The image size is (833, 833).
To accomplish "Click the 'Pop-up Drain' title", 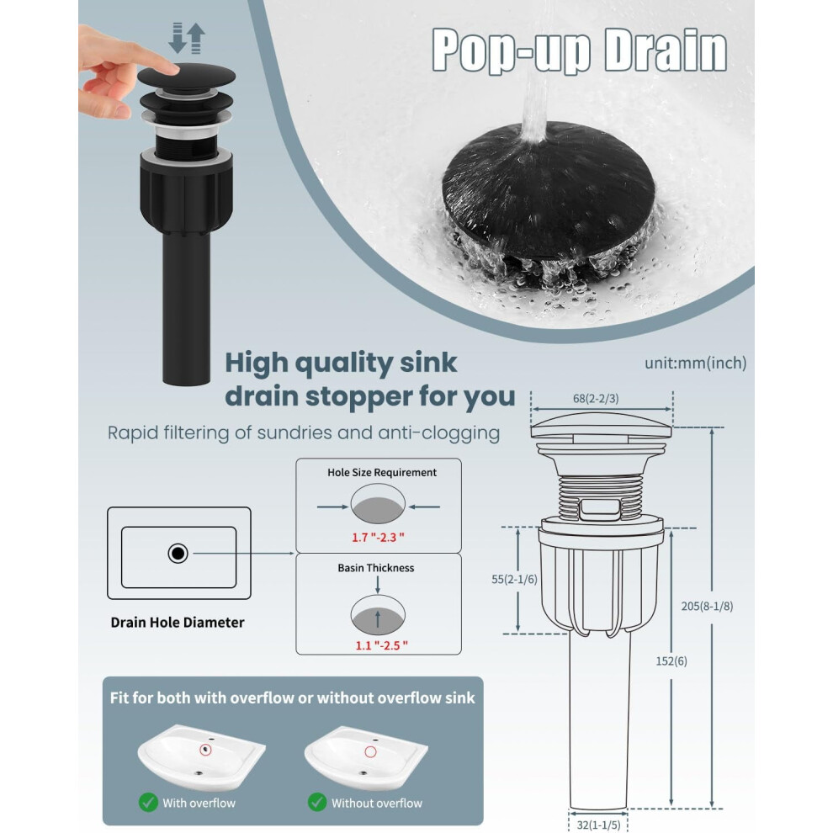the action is click(x=579, y=50).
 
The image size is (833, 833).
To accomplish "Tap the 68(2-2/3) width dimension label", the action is click(x=596, y=399).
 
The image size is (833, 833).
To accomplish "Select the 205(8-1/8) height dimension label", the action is click(x=707, y=606).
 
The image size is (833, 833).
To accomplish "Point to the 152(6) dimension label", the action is click(x=671, y=661).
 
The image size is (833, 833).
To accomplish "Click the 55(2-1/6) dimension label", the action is click(x=514, y=579).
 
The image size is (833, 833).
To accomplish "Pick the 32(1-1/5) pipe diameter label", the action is click(x=598, y=825).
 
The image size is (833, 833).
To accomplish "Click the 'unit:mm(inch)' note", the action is click(x=695, y=363).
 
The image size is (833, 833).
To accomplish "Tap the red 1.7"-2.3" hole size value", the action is click(x=378, y=537).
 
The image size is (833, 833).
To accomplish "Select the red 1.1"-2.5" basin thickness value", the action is click(x=381, y=645).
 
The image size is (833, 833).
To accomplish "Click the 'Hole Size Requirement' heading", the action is click(x=381, y=472).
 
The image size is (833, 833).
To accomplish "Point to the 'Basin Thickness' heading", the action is click(x=375, y=568).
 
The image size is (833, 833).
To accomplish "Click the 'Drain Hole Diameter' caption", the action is click(x=178, y=622).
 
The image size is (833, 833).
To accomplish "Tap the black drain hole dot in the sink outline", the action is click(x=178, y=554).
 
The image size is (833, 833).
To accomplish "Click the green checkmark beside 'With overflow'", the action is click(x=148, y=802).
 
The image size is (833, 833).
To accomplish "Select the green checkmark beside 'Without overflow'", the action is click(x=317, y=802).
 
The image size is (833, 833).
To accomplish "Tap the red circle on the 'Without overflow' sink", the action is click(x=370, y=751).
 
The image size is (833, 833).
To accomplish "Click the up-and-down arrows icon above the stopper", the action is click(x=187, y=38).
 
